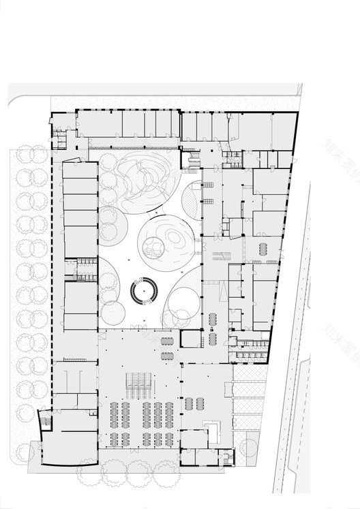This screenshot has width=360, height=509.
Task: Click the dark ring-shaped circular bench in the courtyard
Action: click(145, 292)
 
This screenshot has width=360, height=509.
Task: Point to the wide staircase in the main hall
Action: click(139, 384)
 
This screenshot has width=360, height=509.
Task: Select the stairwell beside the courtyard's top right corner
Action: click(193, 161)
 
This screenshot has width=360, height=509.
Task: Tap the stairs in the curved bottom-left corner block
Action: click(45, 420)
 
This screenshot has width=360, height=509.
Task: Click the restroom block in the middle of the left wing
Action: click(81, 268)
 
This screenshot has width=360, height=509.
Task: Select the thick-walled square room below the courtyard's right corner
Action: click(192, 339)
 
